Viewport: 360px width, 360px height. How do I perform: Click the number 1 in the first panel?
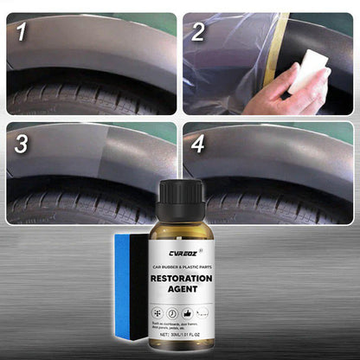pyautogui.click(x=19, y=33)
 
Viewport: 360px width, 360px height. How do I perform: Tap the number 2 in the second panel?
pyautogui.click(x=198, y=33)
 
